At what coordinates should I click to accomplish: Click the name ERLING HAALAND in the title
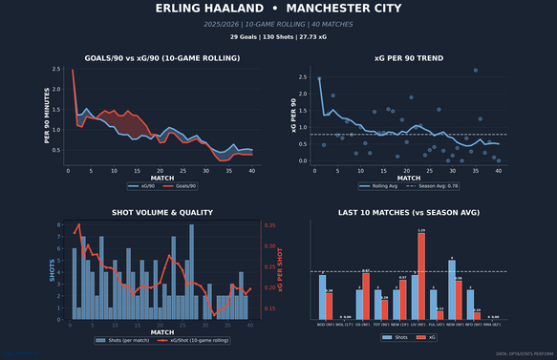pyautogui.click(x=208, y=9)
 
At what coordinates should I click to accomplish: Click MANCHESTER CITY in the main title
pyautogui.click(x=345, y=9)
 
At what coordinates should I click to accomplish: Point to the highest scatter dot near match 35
pyautogui.click(x=476, y=70)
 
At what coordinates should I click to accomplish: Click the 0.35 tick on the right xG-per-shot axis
pyautogui.click(x=270, y=225)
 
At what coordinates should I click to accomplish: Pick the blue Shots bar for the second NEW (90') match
pyautogui.click(x=451, y=289)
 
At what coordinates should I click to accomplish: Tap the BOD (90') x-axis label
pyautogui.click(x=325, y=324)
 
